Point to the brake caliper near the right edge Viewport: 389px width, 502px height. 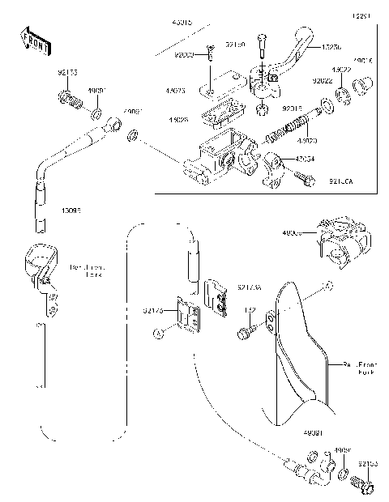344,239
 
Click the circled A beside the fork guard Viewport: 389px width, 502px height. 328,286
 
